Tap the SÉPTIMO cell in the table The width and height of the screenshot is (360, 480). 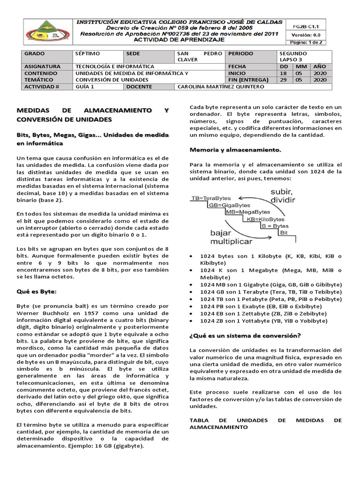pos(88,54)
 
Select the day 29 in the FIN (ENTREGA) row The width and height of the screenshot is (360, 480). pos(284,80)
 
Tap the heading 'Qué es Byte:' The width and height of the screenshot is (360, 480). pos(37,292)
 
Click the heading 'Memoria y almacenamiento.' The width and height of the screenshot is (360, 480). pos(235,150)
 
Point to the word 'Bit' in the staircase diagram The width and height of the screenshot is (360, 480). pos(284,232)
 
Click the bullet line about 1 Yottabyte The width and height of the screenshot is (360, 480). pos(263,321)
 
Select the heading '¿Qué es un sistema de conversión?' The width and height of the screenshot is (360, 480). pos(245,336)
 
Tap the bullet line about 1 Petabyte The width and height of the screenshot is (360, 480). pos(263,299)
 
